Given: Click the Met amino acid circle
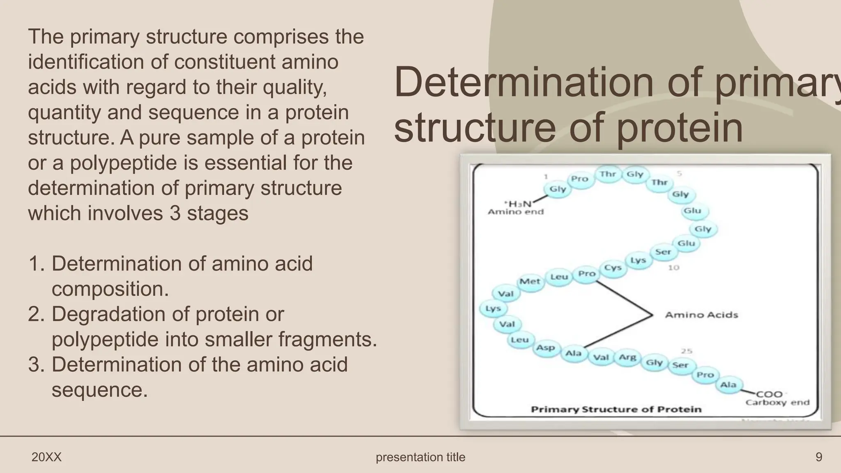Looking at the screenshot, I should pos(530,282).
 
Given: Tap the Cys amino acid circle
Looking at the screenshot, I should pos(613,268).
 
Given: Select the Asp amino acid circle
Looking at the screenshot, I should pos(545,348).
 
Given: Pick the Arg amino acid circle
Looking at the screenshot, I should pos(627,357).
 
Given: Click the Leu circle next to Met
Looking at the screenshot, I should pos(559,277).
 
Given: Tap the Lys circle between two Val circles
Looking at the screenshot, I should pos(493,308).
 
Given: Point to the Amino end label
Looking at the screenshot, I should pos(515,212).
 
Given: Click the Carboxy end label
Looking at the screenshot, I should pos(777,402).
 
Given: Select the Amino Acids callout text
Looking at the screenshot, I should pos(701,315).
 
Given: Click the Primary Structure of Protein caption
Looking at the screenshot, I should pos(616,409).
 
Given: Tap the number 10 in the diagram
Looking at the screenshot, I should pos(673,268).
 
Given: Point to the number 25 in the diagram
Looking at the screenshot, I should pos(687,351).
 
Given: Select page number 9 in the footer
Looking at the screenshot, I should pos(818,457).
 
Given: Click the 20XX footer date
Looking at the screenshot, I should pos(46,457).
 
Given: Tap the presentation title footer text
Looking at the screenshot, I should pos(420,457).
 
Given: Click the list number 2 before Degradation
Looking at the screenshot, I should pos(36,315).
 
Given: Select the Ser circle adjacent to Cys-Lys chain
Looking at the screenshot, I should pos(663,252).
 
